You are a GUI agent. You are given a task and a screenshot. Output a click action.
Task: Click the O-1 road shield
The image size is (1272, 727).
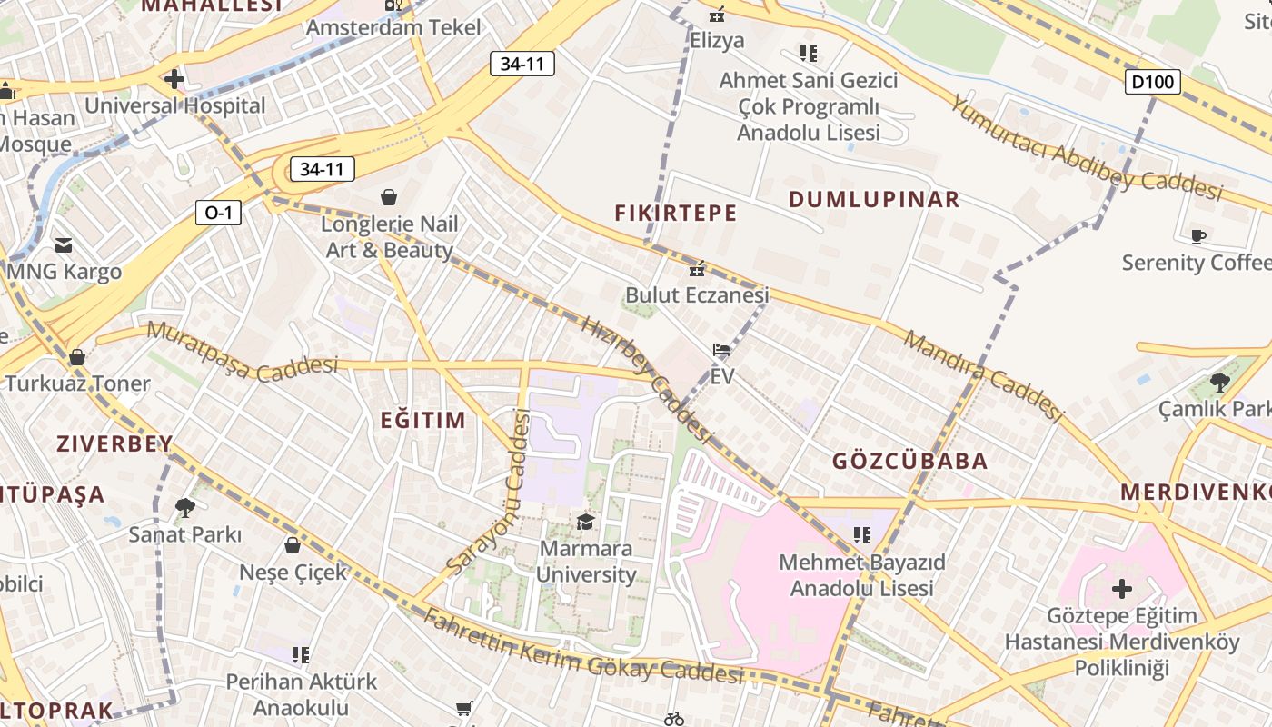coord(218,213)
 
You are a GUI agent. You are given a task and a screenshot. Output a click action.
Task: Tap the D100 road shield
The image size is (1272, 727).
coord(1153,82)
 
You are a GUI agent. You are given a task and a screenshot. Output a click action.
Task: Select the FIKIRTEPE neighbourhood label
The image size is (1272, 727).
coord(675,214)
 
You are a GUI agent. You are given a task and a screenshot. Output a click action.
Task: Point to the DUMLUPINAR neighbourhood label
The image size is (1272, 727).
coord(873,200)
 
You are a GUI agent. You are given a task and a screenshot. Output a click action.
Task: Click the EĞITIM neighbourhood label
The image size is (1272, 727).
coord(422,420)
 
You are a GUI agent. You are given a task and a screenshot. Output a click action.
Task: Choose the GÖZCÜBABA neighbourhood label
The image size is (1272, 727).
coord(909,461)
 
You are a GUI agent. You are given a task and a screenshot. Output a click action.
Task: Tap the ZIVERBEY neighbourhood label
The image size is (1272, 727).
coord(114,444)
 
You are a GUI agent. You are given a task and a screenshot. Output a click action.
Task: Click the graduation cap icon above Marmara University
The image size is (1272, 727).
coord(585,522)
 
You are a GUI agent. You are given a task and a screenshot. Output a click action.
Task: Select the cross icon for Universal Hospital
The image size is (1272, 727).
coord(174,79)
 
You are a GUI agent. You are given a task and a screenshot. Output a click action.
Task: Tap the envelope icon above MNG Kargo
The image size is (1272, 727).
coord(64,245)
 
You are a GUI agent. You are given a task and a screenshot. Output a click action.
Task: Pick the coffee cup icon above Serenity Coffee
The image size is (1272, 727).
coord(1198,237)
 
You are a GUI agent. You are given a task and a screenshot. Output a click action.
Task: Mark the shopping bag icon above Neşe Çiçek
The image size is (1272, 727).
coord(293,545)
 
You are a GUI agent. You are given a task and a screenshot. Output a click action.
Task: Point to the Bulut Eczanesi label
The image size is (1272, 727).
coord(697,295)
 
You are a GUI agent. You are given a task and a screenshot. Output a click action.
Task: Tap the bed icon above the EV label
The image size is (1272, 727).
coord(721,350)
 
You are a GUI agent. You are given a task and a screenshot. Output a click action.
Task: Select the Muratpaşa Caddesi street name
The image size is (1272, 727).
coord(242,353)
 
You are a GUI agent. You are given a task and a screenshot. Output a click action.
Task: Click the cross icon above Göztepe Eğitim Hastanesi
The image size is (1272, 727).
coord(1122,589)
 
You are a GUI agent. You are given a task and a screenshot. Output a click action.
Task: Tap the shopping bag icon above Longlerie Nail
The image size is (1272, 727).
coord(389,197)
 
